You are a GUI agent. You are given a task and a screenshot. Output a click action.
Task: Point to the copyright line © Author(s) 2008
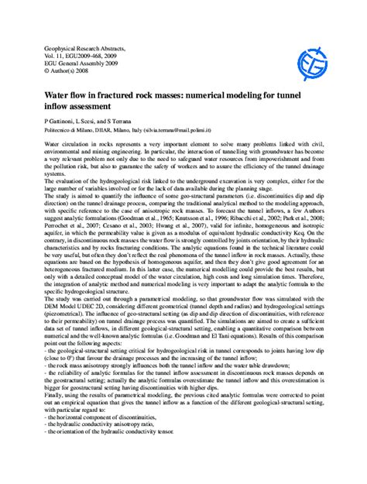[64, 73]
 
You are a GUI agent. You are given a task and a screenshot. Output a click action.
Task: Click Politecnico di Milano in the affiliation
[69, 132]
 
